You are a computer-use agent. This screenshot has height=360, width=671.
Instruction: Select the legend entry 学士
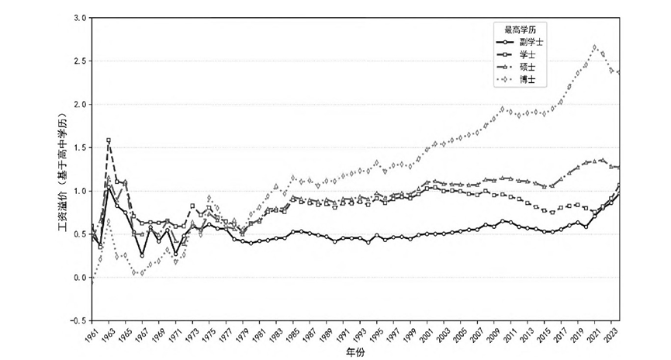[x=525, y=55]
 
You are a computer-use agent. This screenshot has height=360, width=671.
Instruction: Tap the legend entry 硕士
[x=525, y=67]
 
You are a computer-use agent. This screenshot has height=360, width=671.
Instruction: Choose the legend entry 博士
[x=525, y=80]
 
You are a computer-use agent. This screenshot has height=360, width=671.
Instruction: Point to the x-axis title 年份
[x=355, y=351]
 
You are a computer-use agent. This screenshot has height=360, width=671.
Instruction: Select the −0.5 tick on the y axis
[x=77, y=320]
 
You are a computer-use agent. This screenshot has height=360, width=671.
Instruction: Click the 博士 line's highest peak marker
[x=595, y=47]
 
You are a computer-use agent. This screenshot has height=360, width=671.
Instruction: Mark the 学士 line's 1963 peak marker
[x=109, y=140]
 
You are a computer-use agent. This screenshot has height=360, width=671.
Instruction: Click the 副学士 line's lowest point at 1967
[x=142, y=255]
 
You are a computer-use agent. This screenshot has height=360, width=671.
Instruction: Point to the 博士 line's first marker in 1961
[x=92, y=282]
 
